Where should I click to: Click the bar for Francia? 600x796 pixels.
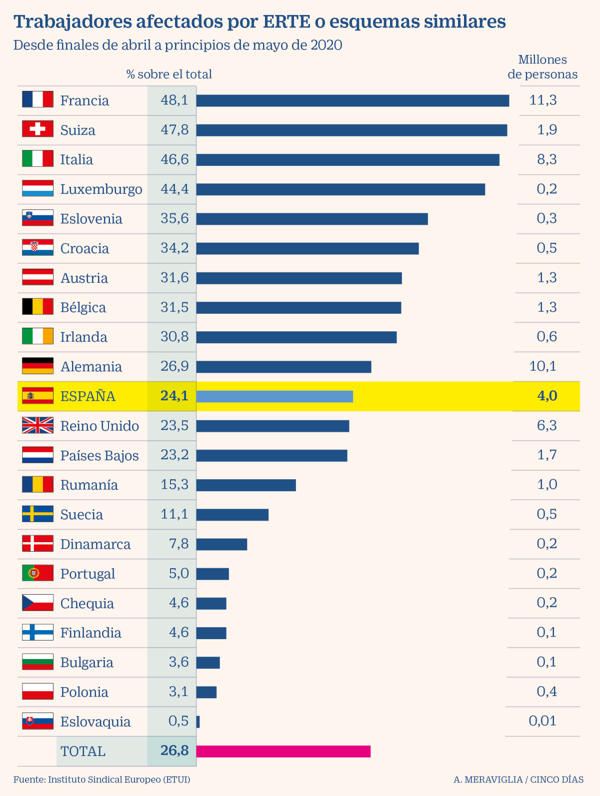pyautogui.click(x=352, y=100)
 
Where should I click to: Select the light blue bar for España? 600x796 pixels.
pyautogui.click(x=274, y=396)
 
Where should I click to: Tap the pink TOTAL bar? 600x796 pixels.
pyautogui.click(x=283, y=751)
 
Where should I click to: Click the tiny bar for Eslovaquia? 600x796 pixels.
pyautogui.click(x=198, y=722)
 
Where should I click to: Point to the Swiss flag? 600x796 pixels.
pyautogui.click(x=37, y=129)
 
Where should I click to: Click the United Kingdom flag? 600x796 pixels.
pyautogui.click(x=37, y=425)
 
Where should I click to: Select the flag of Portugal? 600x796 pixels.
pyautogui.click(x=37, y=573)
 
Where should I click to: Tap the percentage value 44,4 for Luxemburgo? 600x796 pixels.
pyautogui.click(x=174, y=189)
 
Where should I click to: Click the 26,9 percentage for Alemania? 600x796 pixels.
pyautogui.click(x=174, y=366)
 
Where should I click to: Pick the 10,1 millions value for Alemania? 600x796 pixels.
pyautogui.click(x=542, y=366)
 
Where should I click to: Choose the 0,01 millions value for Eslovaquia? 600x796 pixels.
pyautogui.click(x=542, y=721)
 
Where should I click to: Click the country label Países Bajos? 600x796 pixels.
pyautogui.click(x=99, y=455)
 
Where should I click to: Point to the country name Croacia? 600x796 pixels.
pyautogui.click(x=84, y=248)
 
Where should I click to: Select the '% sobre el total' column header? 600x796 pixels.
pyautogui.click(x=169, y=74)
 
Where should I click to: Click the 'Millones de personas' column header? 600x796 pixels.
pyautogui.click(x=542, y=67)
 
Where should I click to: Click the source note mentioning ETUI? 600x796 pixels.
pyautogui.click(x=101, y=780)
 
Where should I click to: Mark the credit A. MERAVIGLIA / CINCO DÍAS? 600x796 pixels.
pyautogui.click(x=518, y=780)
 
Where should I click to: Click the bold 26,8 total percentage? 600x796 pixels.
pyautogui.click(x=174, y=751)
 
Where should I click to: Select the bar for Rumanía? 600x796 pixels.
pyautogui.click(x=246, y=485)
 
